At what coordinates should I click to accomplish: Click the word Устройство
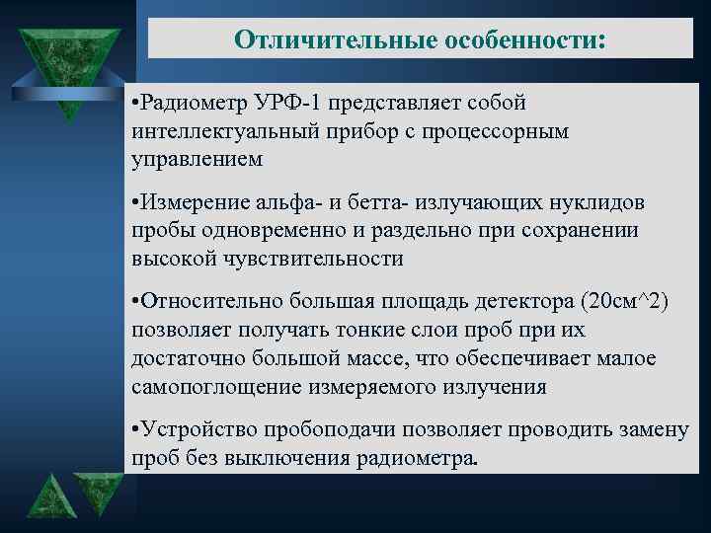[x=196, y=429]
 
